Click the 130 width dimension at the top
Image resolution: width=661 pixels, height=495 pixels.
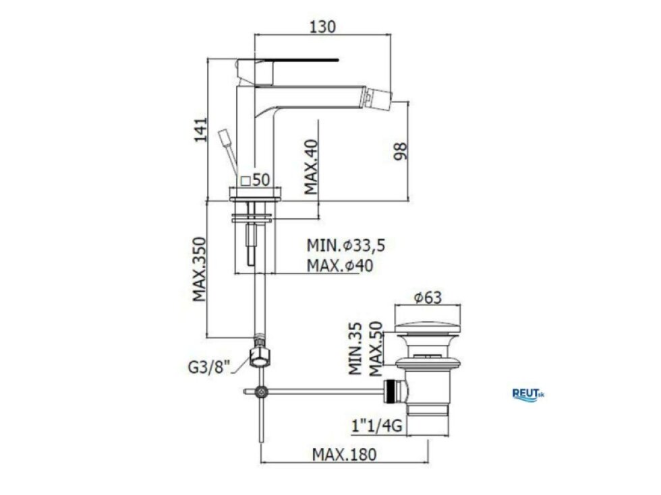[323, 26]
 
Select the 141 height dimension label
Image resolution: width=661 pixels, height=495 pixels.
[201, 130]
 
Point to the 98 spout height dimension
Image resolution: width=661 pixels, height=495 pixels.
[401, 152]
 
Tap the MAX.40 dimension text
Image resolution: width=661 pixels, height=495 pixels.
[312, 167]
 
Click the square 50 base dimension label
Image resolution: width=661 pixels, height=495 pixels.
[255, 180]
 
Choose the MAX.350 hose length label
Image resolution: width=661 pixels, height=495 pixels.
[200, 269]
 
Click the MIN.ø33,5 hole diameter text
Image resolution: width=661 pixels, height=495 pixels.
[345, 245]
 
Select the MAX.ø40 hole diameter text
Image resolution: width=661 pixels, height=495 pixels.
[340, 266]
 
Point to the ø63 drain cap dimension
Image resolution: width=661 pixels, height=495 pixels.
[428, 298]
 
